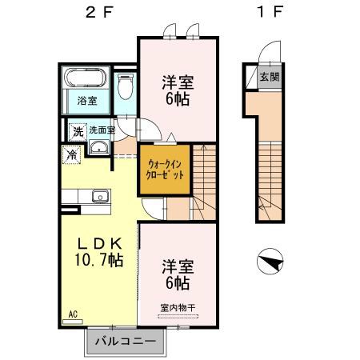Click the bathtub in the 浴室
[85, 78]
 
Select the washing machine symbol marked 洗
[78, 132]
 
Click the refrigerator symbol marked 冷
[71, 154]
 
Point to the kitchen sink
[100, 197]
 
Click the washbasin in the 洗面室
[98, 147]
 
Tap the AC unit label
[73, 314]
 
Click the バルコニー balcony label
[126, 341]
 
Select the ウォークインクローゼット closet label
[166, 169]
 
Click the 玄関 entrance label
[270, 77]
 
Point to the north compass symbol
[270, 262]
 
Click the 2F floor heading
[99, 12]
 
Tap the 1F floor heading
[270, 12]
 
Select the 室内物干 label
[178, 308]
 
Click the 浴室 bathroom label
[87, 101]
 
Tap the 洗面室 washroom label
[102, 130]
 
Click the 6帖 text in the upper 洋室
[178, 99]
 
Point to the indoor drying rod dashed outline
[178, 316]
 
